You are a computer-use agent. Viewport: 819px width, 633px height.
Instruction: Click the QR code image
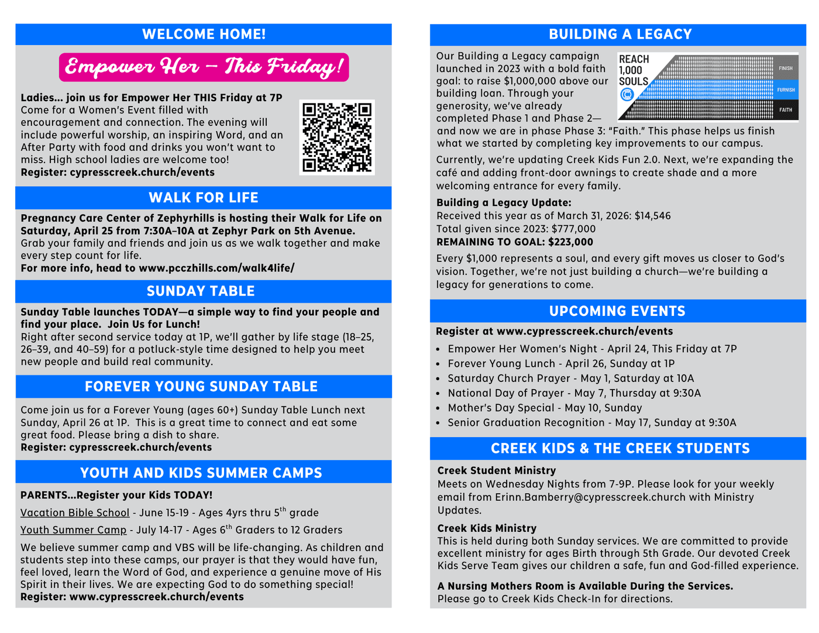click(x=337, y=137)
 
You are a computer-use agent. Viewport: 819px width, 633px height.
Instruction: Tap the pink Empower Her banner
click(x=204, y=67)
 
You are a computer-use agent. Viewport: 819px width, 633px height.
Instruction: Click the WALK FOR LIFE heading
click(x=203, y=198)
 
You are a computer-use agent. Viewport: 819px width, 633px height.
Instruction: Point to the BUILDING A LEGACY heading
click(x=620, y=35)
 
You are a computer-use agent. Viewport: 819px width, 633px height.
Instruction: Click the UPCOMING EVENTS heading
click(x=617, y=311)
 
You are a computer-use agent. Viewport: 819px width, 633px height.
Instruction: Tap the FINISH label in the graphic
click(x=785, y=68)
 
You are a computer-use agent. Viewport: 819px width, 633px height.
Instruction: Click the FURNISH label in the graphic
click(x=786, y=90)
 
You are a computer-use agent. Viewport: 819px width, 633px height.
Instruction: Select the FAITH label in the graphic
click(x=786, y=110)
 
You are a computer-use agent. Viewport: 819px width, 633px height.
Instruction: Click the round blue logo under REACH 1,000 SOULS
click(x=627, y=95)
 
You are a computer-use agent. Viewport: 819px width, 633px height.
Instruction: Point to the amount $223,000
click(x=570, y=242)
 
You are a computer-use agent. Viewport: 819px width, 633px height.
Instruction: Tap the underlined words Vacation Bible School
click(x=75, y=513)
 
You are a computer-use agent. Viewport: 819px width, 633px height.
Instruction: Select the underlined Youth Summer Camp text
click(x=73, y=530)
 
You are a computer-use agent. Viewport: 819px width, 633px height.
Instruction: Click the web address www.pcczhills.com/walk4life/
click(x=216, y=269)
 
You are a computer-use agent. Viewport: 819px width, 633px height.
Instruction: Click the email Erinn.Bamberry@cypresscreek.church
click(x=590, y=497)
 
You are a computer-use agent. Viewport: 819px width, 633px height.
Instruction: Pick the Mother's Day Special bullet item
click(x=544, y=408)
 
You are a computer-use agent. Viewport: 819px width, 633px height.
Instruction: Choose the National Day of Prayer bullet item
click(x=573, y=393)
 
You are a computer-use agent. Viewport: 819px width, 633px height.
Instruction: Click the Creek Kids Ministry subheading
click(x=487, y=528)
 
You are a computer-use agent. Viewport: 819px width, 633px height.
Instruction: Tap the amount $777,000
click(x=573, y=229)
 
